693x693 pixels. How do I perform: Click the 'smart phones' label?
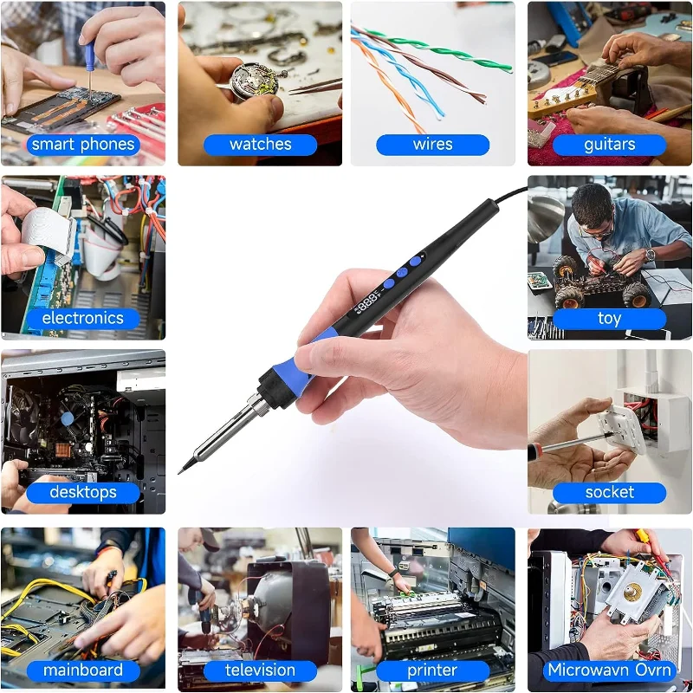pos(83,145)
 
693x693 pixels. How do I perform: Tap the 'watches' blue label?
pos(261,145)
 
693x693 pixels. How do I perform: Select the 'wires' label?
pos(432,145)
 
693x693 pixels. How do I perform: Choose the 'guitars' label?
pos(610,145)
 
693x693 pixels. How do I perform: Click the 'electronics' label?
pos(83,319)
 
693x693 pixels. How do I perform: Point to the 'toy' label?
pos(610,319)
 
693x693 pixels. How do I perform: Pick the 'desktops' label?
pos(83,493)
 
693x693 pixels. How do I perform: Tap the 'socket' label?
pos(610,493)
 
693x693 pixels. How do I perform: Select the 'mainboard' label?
pos(83,670)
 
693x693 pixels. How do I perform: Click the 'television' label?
pos(261,670)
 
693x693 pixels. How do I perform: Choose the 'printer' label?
pos(432,670)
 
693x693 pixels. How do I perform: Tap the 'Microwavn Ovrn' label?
pos(610,670)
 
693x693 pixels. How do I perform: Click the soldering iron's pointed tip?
pos(179,473)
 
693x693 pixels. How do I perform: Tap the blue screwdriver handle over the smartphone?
pos(90,56)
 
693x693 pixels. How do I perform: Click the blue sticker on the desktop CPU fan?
pos(68,418)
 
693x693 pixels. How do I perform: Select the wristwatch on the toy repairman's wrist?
pos(651,255)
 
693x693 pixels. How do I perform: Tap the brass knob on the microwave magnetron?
pos(633,591)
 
